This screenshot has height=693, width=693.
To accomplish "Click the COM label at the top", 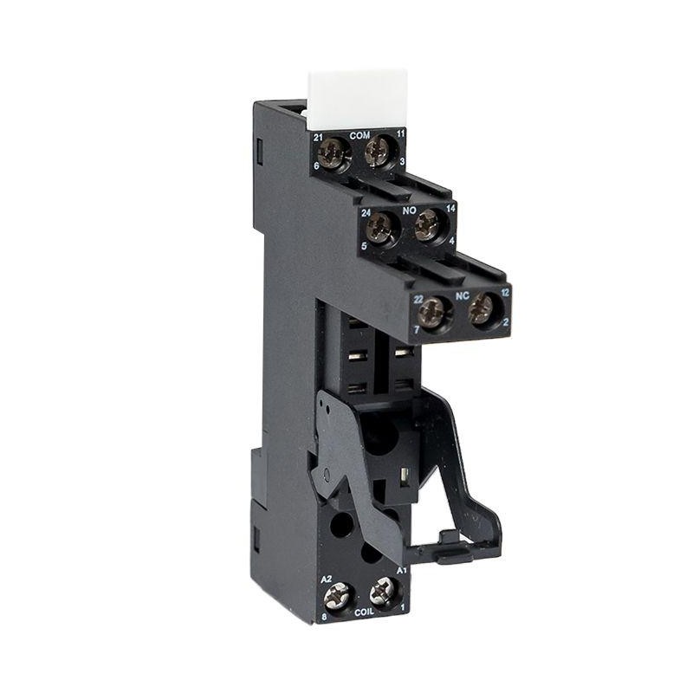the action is [x=359, y=136].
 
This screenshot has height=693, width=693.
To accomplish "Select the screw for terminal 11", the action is [x=378, y=152].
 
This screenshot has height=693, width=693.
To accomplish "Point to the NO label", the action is [x=409, y=210].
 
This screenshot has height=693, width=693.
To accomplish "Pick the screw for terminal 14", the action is [x=427, y=224].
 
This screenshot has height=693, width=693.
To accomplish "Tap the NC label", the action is [x=462, y=295].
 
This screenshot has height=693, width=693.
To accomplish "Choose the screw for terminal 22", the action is [x=432, y=310].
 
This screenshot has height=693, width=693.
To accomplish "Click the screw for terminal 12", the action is [x=482, y=308].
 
